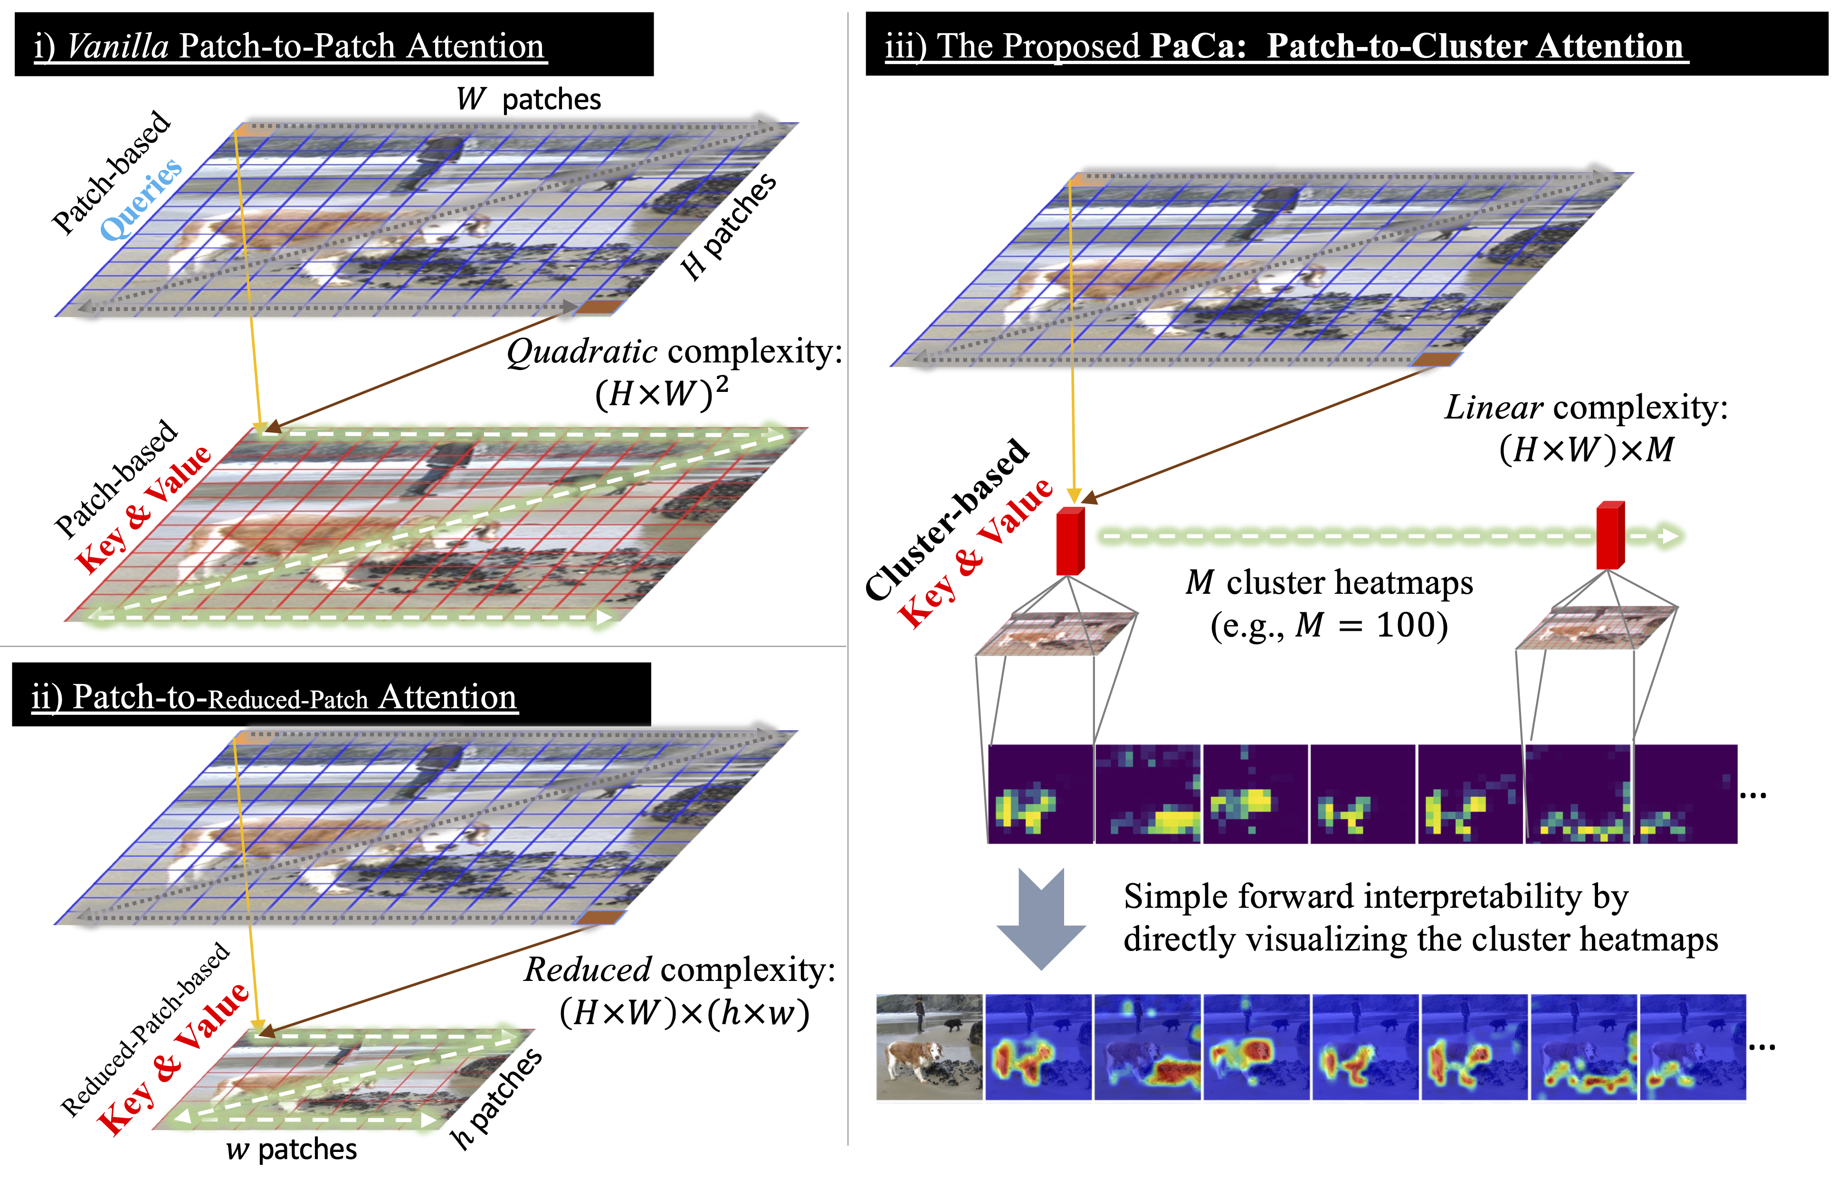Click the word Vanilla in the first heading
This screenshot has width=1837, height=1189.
coord(117,46)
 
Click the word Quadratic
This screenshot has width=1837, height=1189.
coord(581,352)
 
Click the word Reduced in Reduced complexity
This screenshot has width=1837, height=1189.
coord(587,970)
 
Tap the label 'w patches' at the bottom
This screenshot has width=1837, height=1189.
coord(291,1150)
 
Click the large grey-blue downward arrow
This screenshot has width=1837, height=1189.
coord(1041,918)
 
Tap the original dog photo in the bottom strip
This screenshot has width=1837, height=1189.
coord(929,1046)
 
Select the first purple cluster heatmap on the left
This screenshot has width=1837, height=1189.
coord(1040,794)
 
